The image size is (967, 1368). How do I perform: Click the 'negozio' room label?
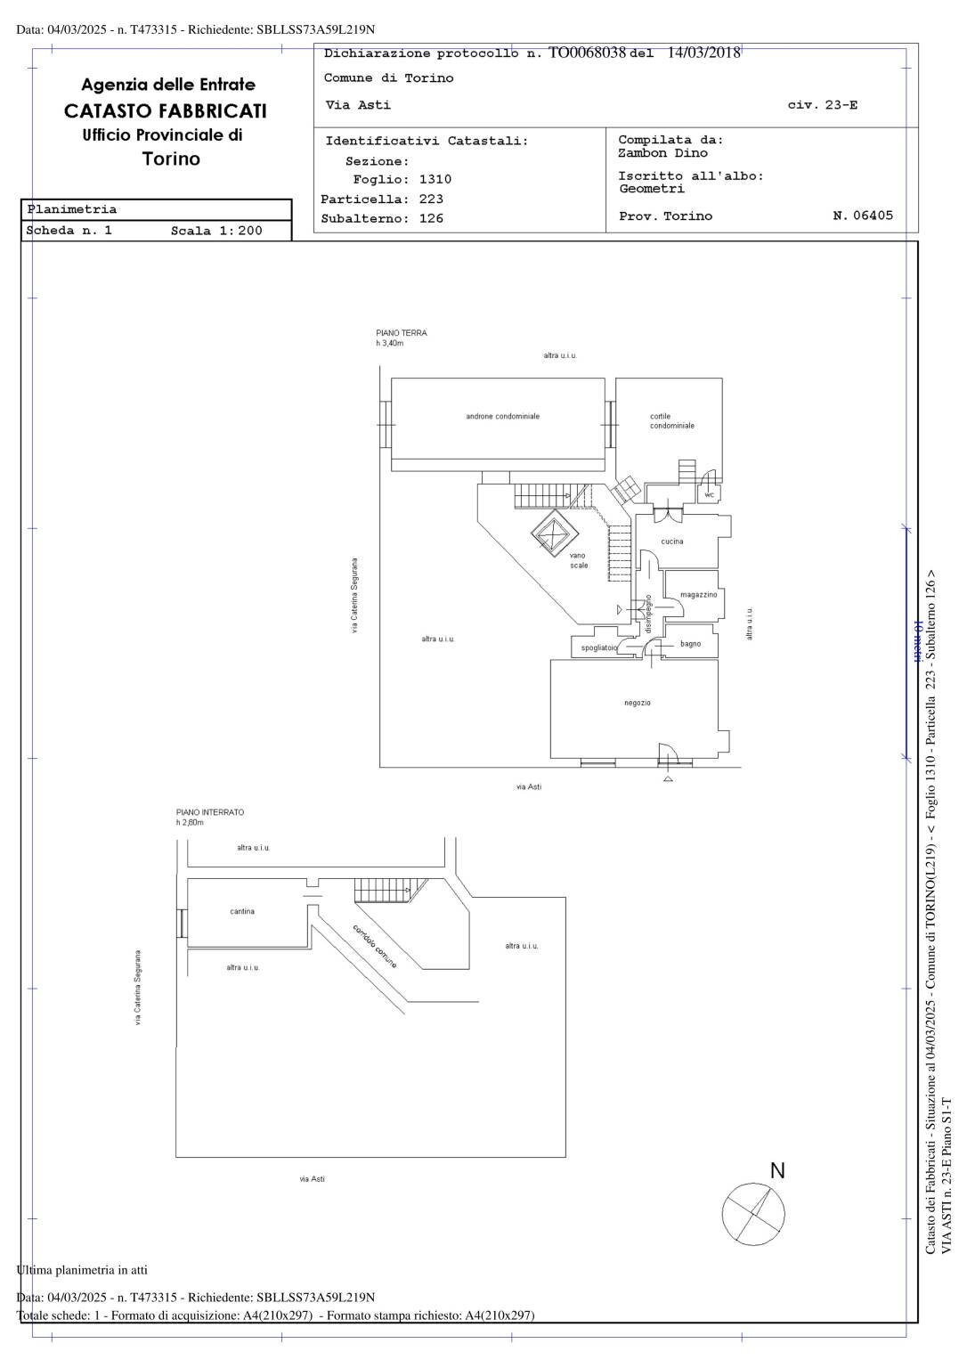[637, 703]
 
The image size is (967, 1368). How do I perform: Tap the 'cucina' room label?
[672, 541]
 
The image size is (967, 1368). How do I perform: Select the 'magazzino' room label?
[698, 595]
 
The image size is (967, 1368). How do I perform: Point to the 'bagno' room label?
[690, 644]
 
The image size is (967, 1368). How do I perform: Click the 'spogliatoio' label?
[598, 648]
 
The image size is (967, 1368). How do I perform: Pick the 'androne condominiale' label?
[502, 416]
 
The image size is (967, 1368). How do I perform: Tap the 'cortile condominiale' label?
[671, 420]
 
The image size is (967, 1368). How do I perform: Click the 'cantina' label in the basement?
[242, 911]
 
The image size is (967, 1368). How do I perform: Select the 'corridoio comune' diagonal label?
[375, 947]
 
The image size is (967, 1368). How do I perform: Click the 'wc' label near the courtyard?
[710, 494]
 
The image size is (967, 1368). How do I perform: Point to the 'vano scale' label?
[579, 560]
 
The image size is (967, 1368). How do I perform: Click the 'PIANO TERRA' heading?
[401, 333]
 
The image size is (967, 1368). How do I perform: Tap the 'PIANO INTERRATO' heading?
[209, 812]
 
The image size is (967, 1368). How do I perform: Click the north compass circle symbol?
[753, 1216]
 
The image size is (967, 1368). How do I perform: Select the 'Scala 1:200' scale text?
[216, 231]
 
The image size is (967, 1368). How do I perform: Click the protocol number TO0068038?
[588, 53]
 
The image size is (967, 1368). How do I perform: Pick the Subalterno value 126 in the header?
[431, 218]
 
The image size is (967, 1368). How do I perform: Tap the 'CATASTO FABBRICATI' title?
[165, 111]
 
